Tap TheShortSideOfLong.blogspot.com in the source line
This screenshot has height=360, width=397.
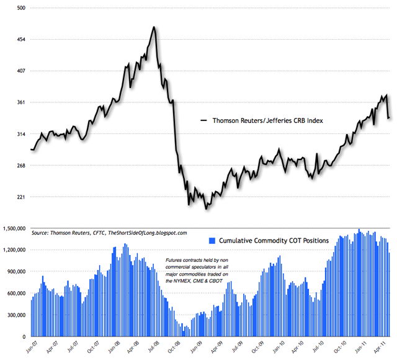[x=148, y=232]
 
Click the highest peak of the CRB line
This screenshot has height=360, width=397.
[x=153, y=27]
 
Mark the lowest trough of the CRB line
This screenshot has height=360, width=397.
[x=206, y=209]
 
